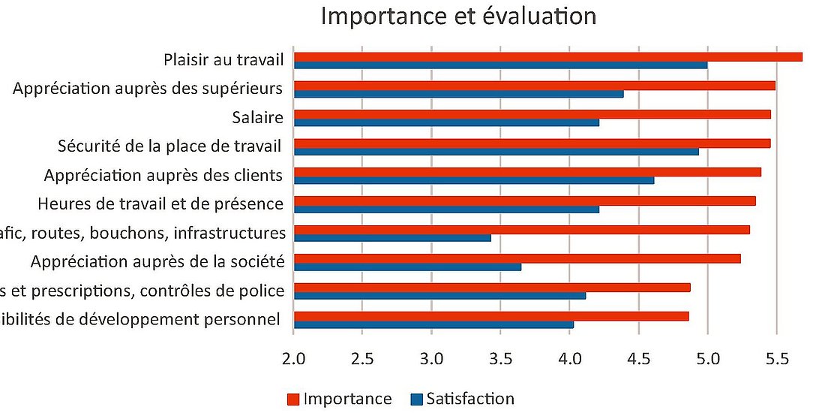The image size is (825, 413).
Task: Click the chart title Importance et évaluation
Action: (458, 17)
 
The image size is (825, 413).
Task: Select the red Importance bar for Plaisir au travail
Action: (547, 57)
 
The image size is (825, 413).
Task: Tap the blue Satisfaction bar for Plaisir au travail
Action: (500, 65)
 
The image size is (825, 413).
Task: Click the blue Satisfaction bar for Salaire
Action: (446, 122)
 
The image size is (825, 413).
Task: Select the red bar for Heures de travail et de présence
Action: (524, 200)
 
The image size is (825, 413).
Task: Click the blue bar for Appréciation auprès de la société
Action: (407, 267)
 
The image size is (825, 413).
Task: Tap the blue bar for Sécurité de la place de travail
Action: (496, 152)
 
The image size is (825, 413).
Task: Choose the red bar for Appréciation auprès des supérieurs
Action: (534, 86)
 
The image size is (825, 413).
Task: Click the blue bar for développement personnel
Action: (433, 324)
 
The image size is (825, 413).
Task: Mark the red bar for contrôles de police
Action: (491, 288)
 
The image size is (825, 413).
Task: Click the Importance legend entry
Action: (339, 399)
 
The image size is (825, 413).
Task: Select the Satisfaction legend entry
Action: (462, 399)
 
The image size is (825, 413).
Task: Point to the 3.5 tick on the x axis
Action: (500, 359)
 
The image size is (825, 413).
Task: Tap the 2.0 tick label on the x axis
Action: (293, 359)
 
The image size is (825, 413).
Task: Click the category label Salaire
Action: (257, 117)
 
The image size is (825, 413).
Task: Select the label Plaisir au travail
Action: (223, 59)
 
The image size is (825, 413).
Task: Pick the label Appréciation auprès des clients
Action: (163, 175)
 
